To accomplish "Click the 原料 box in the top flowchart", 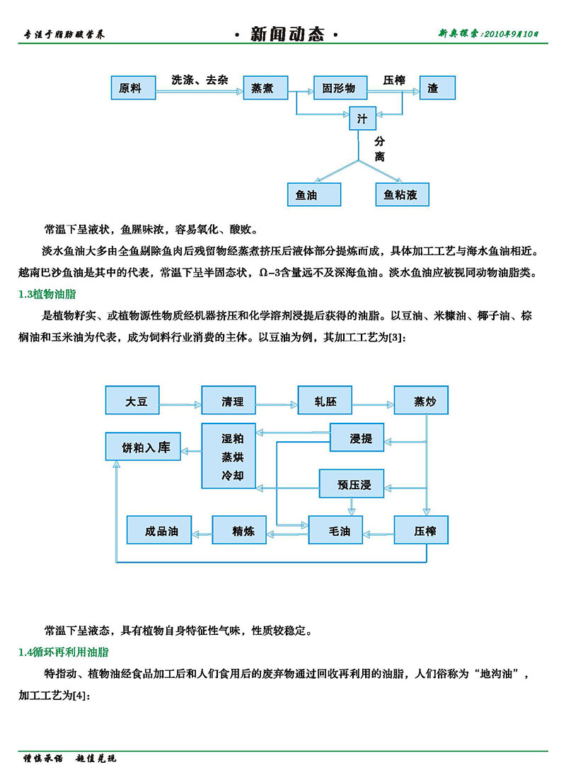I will pos(133,88).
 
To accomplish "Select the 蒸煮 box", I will pos(265,88).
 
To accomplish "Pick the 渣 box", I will pos(437,88).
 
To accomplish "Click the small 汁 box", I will pos(363,117).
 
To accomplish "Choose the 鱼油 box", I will pos(313,194).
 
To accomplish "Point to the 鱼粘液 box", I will pos(402,194).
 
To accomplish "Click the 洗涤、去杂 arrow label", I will pos(200,79).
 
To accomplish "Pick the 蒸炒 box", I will pos(421,401).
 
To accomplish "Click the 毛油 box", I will pos(335,530).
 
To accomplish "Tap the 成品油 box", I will pos(159,530).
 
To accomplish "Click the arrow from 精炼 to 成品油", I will pos(202,531).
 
